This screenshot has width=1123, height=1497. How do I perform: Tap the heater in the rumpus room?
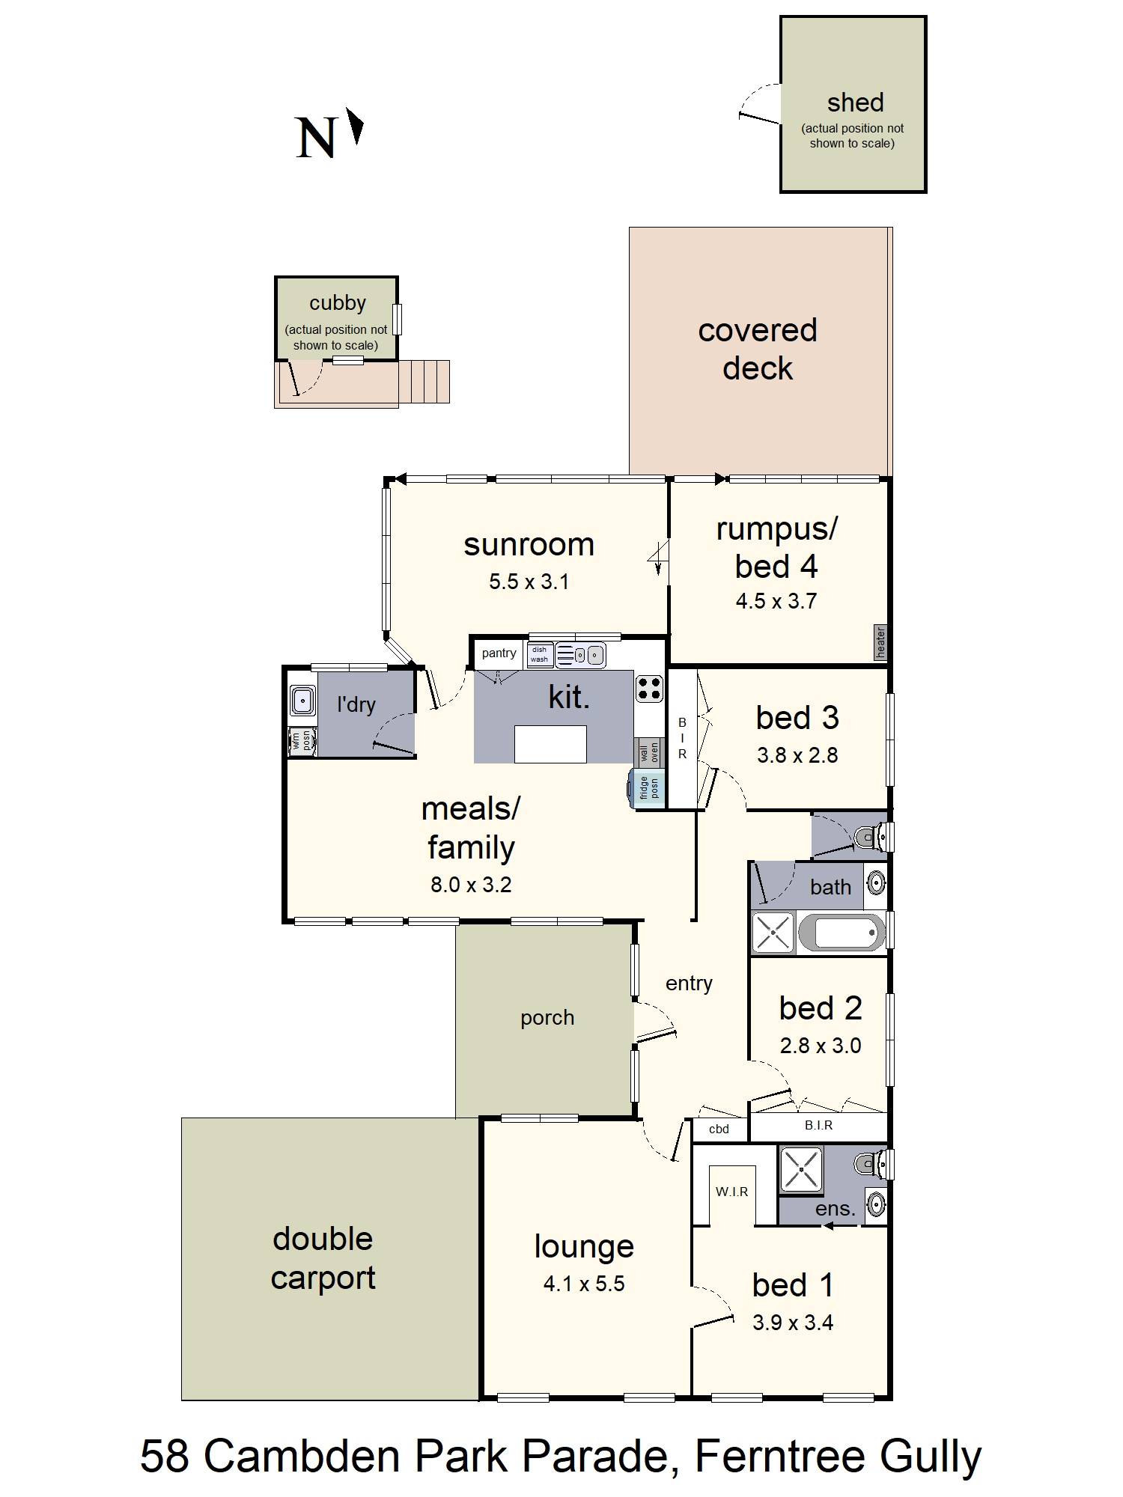880,642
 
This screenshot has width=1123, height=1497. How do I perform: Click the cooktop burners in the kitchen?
649,688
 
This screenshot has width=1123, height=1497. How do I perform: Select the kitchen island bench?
550,744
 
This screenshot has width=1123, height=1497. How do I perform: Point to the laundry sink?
302,701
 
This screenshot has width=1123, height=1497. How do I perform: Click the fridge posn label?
648,788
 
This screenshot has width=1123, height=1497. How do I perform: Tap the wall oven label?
649,752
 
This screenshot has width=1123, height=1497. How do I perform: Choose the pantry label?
499,653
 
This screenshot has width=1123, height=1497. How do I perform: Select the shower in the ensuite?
801,1168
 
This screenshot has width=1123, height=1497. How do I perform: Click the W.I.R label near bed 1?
731,1192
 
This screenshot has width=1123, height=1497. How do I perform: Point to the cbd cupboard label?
719,1129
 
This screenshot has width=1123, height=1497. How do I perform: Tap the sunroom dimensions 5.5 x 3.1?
529,582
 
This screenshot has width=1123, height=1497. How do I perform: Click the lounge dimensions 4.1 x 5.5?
584,1284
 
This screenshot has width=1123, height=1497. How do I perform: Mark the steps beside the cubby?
424,382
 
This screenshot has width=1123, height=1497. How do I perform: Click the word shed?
856,103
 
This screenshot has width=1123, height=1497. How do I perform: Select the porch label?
547,1019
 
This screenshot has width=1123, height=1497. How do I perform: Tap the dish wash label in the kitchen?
540,655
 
